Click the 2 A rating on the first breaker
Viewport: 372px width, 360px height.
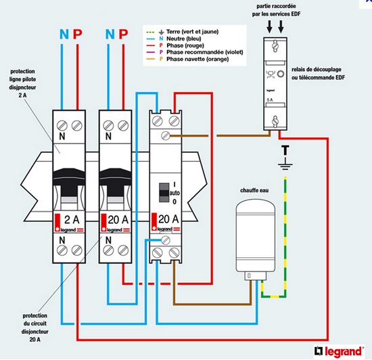click(72, 220)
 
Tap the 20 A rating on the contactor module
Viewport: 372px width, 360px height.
click(168, 219)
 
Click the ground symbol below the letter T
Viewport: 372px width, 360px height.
click(285, 165)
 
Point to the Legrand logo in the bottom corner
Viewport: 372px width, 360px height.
click(340, 351)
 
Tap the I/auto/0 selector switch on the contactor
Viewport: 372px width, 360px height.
click(164, 192)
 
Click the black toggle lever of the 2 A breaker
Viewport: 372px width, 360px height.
click(69, 177)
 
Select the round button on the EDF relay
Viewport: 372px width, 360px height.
click(281, 74)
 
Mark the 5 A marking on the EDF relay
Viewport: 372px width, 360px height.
click(270, 100)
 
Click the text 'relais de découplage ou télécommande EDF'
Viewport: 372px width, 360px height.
click(318, 73)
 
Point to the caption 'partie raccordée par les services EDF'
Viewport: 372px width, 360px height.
click(276, 10)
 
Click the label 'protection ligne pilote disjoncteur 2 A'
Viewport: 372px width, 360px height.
click(23, 83)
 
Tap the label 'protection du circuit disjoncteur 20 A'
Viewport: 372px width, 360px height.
click(35, 328)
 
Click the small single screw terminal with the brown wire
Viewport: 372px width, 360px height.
click(165, 136)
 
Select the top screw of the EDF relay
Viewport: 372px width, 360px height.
click(275, 45)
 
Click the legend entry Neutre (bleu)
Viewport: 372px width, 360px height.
click(183, 39)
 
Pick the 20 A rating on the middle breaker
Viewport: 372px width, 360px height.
click(118, 220)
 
